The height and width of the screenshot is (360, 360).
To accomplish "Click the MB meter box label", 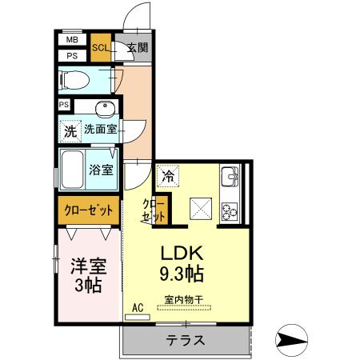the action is [72, 40].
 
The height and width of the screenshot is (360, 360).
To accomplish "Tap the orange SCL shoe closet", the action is [101, 47].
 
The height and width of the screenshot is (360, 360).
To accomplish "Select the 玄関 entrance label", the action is [137, 48].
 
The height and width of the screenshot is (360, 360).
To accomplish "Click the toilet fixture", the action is [74, 80].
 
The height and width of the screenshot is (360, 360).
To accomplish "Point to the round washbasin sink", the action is [106, 107].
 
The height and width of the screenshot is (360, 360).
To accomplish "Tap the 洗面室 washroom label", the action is [101, 130].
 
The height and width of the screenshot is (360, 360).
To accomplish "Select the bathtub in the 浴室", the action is [72, 170].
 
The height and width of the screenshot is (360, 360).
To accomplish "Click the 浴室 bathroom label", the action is [101, 170].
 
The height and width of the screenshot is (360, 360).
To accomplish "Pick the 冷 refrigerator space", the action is [168, 176].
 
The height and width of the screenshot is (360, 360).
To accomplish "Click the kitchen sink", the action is [230, 177].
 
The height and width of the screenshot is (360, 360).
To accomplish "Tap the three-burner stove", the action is [230, 212].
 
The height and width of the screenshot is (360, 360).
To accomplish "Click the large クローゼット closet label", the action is [89, 210].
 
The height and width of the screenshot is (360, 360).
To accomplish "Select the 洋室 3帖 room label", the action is [88, 275].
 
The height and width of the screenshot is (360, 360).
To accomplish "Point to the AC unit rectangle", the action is [138, 318].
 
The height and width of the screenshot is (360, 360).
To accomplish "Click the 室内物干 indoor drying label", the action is [184, 300].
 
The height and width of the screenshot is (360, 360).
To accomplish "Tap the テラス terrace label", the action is [186, 340].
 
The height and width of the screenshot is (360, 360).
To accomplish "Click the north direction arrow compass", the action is [292, 340].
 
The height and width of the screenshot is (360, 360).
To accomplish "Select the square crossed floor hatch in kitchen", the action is [201, 209].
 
